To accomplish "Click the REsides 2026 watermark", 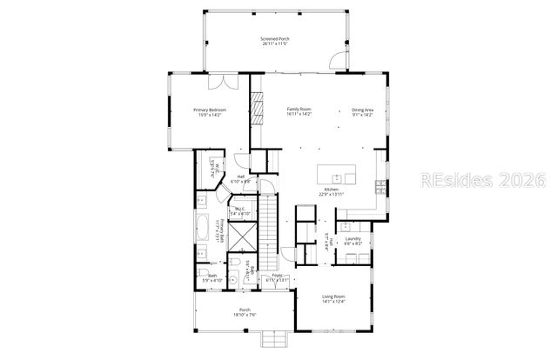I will [481, 180].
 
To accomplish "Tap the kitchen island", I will [339, 174].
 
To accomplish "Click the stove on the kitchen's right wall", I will [379, 185].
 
